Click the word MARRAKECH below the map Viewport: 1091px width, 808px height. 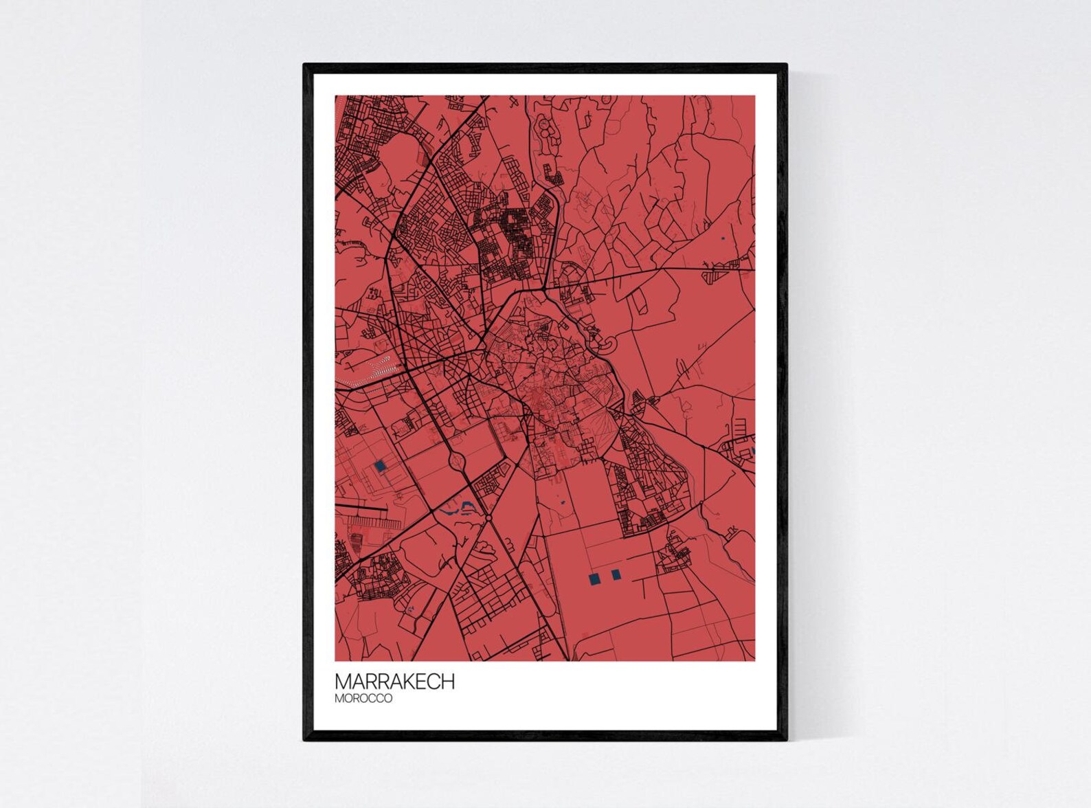pos(394,682)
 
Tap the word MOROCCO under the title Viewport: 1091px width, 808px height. pos(363,699)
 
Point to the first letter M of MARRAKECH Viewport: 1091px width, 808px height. pos(342,682)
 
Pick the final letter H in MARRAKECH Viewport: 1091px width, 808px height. pos(447,682)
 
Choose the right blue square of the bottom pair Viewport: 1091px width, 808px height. pos(615,574)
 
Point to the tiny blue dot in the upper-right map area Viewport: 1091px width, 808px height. pos(723,238)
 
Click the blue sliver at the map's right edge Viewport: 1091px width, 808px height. pos(753,451)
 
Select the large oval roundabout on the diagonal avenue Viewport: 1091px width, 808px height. pos(456,460)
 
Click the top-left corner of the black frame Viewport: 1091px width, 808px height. pos(306,66)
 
